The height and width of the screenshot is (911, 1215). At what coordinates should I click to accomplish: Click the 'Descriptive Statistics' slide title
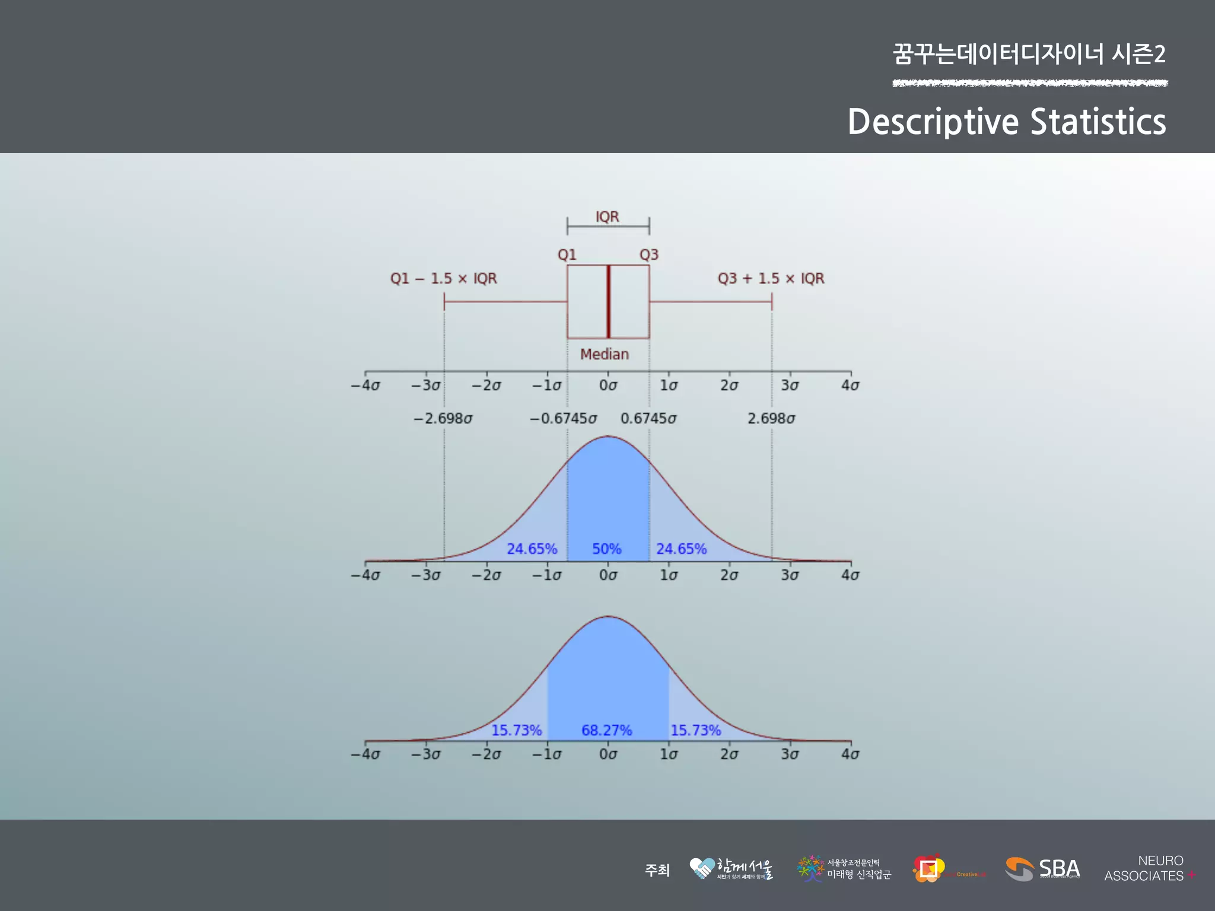click(1006, 122)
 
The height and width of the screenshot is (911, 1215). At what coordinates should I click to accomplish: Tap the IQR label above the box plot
click(607, 217)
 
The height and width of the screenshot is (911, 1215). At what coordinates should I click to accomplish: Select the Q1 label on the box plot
click(567, 255)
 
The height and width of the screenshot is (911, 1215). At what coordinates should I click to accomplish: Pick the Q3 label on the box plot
click(649, 255)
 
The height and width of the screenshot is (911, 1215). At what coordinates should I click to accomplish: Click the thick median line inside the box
click(608, 301)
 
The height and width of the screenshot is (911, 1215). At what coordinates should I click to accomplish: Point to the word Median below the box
click(605, 354)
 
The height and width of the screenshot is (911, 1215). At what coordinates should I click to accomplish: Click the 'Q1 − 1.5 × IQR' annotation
click(443, 279)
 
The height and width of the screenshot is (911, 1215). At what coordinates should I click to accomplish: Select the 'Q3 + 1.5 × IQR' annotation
click(771, 279)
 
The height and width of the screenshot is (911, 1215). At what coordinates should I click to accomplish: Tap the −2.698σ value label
click(443, 419)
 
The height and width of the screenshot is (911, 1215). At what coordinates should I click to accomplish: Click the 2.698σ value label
click(771, 419)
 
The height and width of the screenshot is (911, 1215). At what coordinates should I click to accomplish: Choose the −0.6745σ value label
click(563, 419)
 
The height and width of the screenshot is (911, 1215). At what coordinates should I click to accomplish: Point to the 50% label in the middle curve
click(606, 549)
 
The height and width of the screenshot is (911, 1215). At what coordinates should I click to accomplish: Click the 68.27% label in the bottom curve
click(606, 730)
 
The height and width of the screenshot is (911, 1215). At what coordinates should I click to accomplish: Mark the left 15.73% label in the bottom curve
click(516, 730)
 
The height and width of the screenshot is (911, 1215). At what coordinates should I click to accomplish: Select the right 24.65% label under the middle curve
click(681, 549)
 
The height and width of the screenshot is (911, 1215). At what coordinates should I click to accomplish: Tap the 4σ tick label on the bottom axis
click(850, 754)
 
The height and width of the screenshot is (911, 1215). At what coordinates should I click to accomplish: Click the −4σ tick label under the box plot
click(365, 386)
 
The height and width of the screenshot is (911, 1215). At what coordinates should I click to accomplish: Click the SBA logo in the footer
click(1043, 869)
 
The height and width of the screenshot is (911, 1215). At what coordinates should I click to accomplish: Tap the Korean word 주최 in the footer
click(657, 870)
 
